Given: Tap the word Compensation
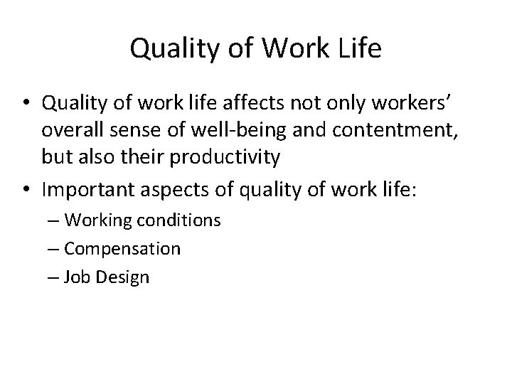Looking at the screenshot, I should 122,249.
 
